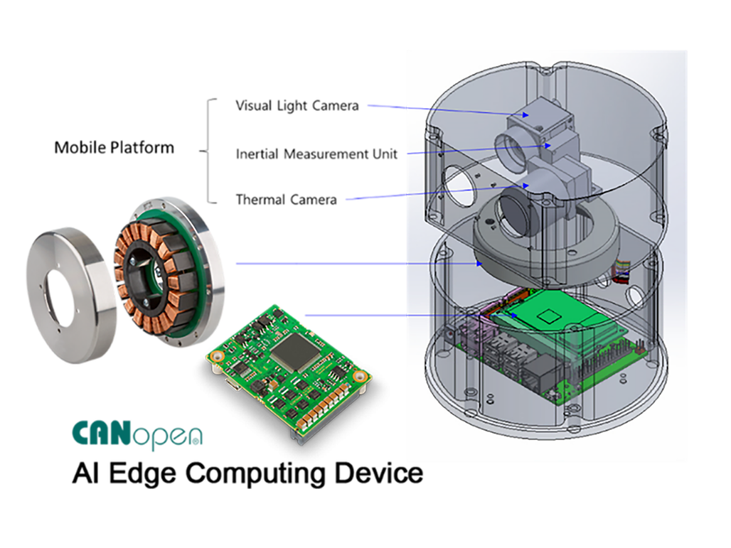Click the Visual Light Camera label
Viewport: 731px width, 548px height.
tap(297, 106)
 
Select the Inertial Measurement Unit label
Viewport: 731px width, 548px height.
tap(316, 154)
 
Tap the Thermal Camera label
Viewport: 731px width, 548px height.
tap(287, 200)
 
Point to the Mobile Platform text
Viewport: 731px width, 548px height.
tap(114, 147)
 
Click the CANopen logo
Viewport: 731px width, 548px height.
tap(137, 435)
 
